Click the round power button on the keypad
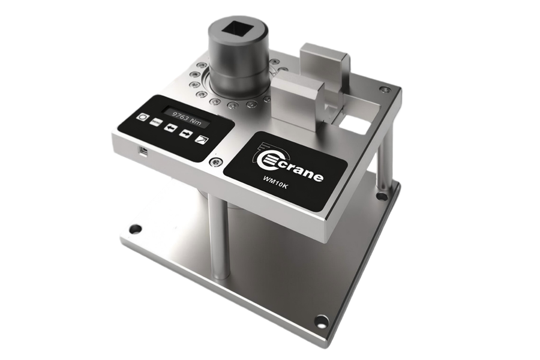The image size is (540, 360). click(x=142, y=117)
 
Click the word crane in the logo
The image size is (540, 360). click(x=300, y=171)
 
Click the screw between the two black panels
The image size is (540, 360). click(x=216, y=162)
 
